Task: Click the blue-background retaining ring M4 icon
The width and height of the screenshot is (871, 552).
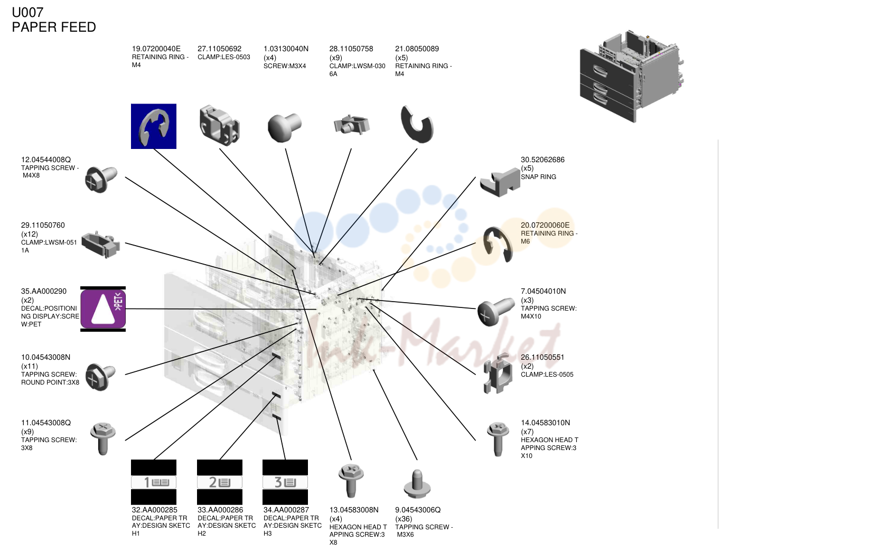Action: (x=154, y=126)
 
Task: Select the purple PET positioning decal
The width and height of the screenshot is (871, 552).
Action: (x=103, y=309)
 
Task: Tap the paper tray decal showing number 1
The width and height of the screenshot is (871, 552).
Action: (x=154, y=482)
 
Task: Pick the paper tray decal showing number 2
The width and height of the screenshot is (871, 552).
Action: (x=220, y=482)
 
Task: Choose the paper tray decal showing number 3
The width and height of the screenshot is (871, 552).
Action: (x=285, y=482)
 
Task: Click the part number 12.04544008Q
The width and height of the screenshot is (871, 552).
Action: (x=46, y=160)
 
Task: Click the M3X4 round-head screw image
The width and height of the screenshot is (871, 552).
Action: (x=284, y=127)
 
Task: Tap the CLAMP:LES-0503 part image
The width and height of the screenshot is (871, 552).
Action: (x=219, y=126)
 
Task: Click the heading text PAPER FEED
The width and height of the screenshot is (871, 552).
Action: (x=54, y=27)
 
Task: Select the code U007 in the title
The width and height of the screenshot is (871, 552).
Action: (x=27, y=13)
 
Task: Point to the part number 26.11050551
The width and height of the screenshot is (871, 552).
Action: (x=542, y=357)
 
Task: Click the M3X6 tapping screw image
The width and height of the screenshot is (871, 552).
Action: (x=417, y=484)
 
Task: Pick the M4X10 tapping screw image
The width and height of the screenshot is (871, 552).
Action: (x=495, y=312)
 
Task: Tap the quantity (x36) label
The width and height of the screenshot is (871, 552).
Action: (x=404, y=519)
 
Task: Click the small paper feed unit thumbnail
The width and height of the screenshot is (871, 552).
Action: (x=632, y=76)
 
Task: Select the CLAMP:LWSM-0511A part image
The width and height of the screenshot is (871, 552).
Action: (x=101, y=245)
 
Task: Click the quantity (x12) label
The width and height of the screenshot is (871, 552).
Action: (x=30, y=234)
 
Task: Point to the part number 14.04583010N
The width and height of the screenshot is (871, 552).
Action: (x=546, y=423)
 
